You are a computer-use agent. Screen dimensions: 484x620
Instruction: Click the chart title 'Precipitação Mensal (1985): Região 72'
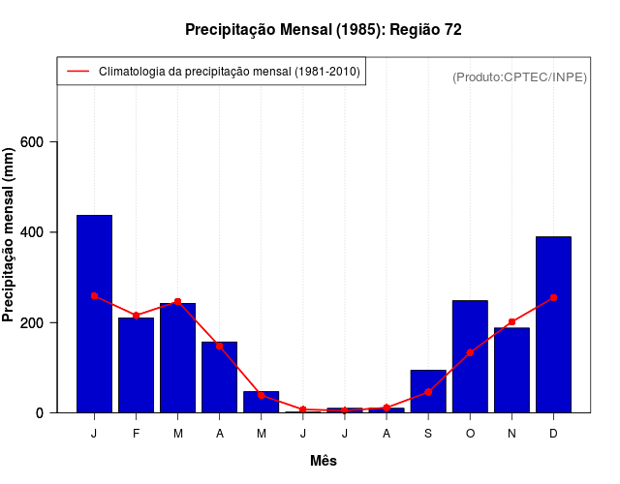point(324,30)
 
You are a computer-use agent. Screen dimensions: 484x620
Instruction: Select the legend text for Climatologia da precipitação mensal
point(230,72)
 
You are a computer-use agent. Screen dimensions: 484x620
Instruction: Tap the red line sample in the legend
point(77,72)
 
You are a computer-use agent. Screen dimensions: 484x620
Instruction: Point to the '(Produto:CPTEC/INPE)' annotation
point(519,76)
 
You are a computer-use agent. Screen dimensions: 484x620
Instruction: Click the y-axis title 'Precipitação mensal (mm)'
point(10,234)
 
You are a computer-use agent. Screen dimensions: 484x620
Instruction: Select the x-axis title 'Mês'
point(324,461)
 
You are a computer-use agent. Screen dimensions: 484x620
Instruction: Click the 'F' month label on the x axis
point(137,434)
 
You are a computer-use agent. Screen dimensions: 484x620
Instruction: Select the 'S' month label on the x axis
point(428,434)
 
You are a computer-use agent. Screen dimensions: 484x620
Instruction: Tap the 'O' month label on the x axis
point(470,434)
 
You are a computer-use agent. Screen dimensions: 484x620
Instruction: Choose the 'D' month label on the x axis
point(553,434)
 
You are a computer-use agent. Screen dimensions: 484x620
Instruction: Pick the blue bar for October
point(470,357)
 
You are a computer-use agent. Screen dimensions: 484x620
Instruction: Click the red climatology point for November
point(511,322)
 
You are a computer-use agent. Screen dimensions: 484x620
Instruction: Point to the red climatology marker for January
point(94,295)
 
